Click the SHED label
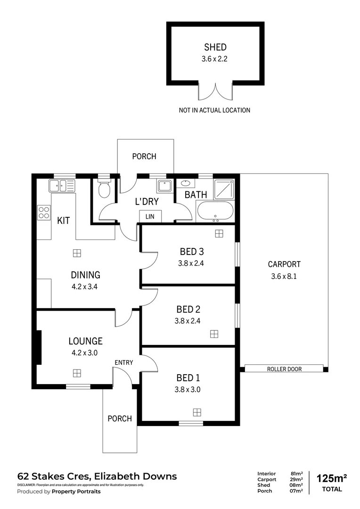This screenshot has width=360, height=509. point(215,47)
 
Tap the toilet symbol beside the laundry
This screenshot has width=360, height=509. point(103,189)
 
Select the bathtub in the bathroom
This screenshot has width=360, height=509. point(214,211)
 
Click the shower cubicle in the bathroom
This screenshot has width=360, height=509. point(223,189)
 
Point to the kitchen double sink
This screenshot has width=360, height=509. point(61,186)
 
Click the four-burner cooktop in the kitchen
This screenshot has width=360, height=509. point(44,213)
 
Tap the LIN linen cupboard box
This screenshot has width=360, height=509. point(150,216)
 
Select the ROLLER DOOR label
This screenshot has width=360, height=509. point(284,369)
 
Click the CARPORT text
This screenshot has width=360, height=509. point(284,264)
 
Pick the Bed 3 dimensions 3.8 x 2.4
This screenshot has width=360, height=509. point(191,263)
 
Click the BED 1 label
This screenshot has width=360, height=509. point(188,378)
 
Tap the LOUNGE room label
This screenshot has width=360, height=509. point(85,341)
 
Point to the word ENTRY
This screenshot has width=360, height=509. point(123,362)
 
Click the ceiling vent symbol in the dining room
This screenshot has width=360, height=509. point(77,253)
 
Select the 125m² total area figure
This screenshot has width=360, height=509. point(332,478)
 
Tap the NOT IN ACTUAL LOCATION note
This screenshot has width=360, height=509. point(214,110)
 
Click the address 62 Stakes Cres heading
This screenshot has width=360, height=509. point(97,476)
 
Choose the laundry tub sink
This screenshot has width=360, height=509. point(164,186)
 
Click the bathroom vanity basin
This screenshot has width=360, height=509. point(185,183)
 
